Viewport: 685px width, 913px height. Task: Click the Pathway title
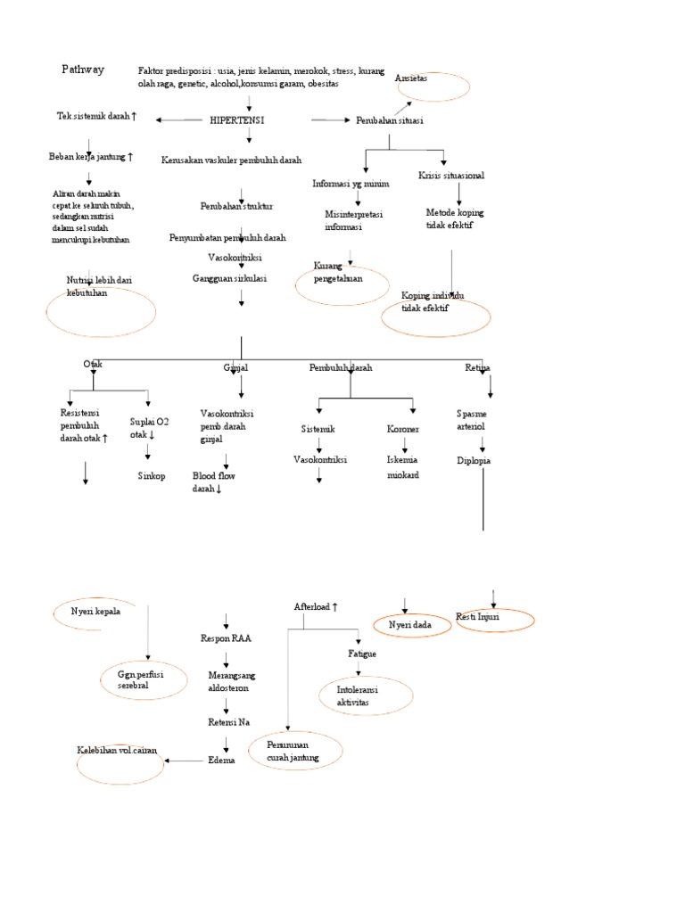83,70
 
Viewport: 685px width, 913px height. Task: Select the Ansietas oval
432,86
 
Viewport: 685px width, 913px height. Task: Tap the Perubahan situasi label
389,120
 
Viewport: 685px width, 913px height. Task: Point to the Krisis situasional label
451,176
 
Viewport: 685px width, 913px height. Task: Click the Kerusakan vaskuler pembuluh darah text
232,160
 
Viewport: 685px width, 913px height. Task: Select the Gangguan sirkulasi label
230,279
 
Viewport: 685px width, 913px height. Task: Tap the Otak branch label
93,365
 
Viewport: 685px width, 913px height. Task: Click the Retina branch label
477,367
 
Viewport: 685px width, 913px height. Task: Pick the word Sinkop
152,476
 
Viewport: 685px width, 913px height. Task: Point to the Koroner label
403,430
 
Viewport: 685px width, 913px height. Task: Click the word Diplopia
474,461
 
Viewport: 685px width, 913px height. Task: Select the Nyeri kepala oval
95,613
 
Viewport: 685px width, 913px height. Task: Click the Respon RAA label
226,639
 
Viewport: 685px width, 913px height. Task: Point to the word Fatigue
361,654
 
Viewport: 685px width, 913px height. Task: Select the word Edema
220,760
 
